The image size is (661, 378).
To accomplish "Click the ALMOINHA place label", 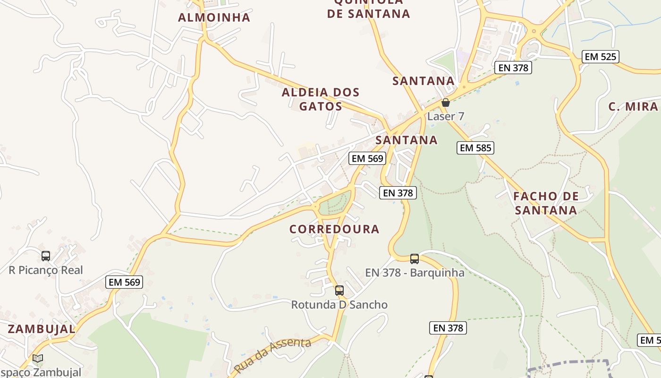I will [214, 18].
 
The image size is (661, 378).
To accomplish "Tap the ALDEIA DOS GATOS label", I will [321, 99].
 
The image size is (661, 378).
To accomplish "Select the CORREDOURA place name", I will [334, 229].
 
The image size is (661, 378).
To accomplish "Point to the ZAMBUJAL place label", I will [42, 329].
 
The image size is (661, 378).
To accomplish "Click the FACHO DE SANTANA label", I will [546, 203].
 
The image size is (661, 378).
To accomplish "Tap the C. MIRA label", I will [633, 106].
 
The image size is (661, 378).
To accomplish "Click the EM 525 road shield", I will [600, 57].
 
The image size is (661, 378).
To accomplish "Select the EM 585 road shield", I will [475, 148].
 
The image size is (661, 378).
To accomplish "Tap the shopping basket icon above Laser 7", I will [445, 103].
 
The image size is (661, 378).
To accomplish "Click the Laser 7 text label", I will [446, 116].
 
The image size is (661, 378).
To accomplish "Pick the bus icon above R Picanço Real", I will [46, 256].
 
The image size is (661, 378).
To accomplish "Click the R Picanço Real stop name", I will [46, 270].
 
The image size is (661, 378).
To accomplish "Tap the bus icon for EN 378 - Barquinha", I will [415, 259].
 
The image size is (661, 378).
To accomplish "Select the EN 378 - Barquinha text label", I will [415, 273].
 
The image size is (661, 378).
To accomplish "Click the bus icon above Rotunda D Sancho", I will [339, 291].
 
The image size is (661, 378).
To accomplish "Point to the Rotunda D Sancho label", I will [339, 305].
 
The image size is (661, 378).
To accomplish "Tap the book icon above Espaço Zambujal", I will [38, 359].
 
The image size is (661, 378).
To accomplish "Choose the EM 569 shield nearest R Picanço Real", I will [125, 282].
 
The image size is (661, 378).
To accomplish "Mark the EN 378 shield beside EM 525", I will [513, 68].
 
